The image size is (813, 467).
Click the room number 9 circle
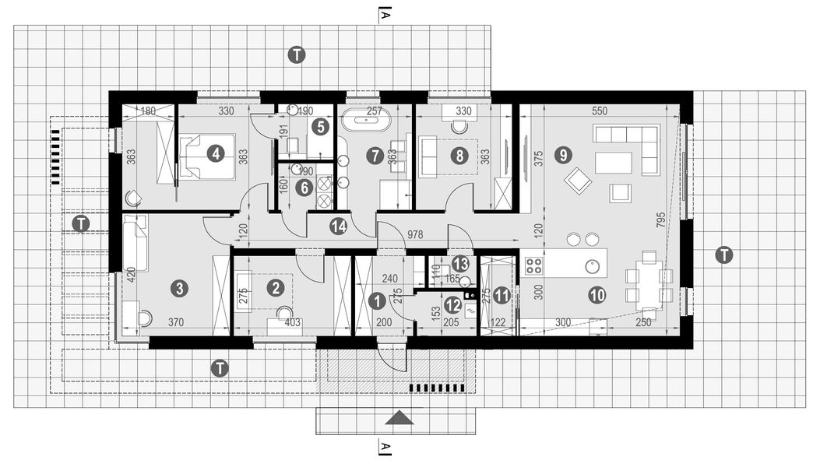562,155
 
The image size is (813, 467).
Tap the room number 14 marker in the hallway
337,226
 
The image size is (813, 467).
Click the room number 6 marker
303,186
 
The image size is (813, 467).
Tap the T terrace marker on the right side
724,255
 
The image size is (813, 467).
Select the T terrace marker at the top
296,54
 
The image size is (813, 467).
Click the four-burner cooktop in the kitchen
533,265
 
